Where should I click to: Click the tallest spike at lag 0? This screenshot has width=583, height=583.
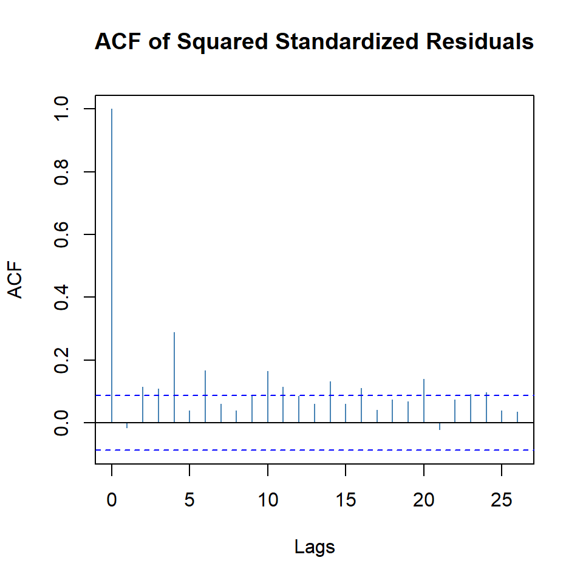(x=112, y=265)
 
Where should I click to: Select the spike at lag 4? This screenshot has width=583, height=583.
(x=174, y=377)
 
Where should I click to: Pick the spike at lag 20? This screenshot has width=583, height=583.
(x=423, y=400)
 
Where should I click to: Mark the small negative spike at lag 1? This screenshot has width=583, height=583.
(x=128, y=425)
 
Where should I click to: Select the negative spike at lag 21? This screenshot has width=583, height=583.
(x=439, y=426)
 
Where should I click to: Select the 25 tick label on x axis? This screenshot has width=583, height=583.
(x=501, y=501)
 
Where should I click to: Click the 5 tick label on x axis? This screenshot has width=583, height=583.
(x=189, y=501)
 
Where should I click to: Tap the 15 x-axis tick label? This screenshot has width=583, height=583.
(x=346, y=501)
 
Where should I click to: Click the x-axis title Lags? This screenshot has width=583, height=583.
(x=315, y=547)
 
